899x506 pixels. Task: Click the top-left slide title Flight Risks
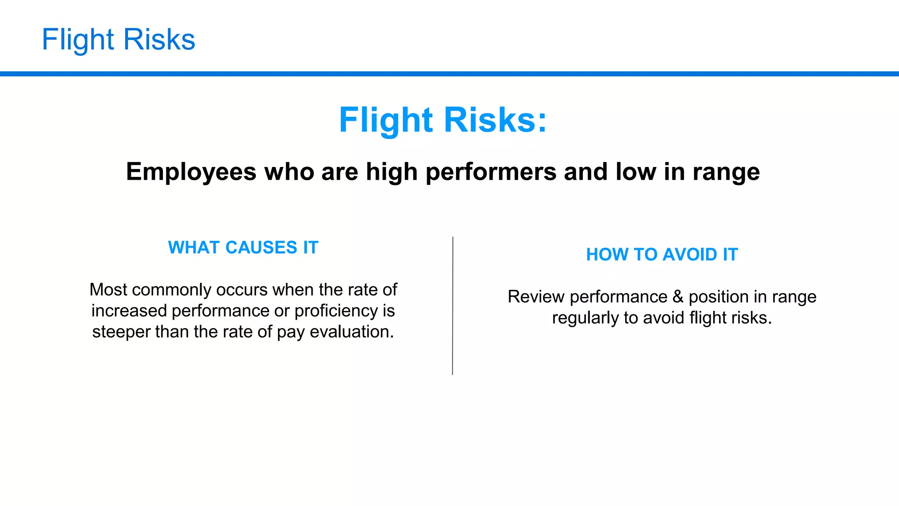(x=118, y=40)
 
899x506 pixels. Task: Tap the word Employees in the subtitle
(x=191, y=172)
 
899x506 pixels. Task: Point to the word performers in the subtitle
(x=491, y=172)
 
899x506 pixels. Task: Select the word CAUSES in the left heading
(x=261, y=248)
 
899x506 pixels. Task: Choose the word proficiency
(x=336, y=311)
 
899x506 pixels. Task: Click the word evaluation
(x=352, y=332)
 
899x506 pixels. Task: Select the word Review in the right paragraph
(x=536, y=297)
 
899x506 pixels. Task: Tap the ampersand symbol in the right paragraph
(x=678, y=297)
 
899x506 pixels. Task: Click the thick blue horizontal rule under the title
(x=449, y=74)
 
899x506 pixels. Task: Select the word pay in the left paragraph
(x=291, y=332)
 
